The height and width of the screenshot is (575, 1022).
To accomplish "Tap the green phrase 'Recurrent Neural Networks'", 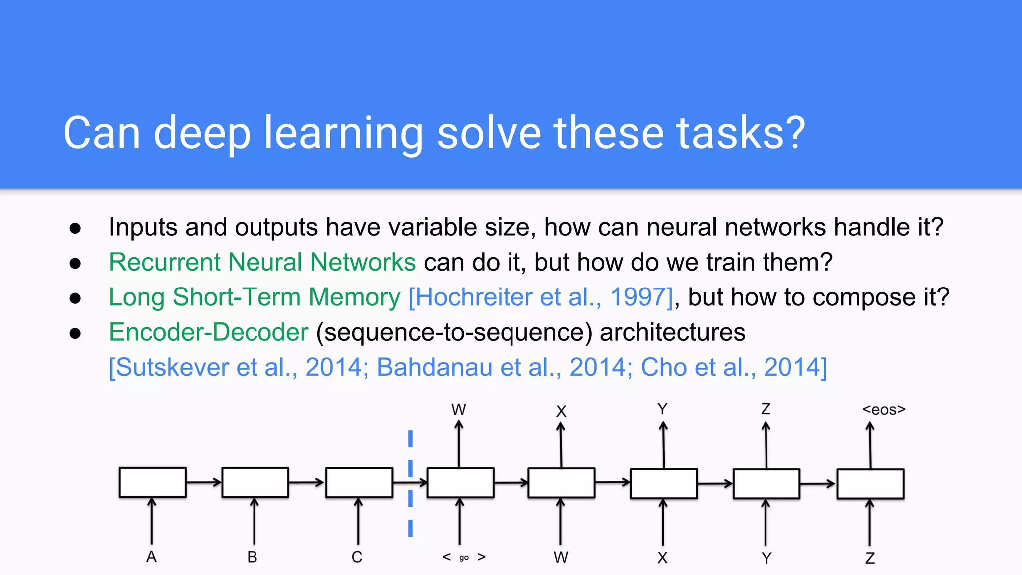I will [x=262, y=262].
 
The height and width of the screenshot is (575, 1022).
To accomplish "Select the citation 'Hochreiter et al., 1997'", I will [x=540, y=297].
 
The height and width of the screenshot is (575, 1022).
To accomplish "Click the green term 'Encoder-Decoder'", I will [x=209, y=332].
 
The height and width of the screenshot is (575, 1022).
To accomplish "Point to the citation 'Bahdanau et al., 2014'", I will [x=505, y=368].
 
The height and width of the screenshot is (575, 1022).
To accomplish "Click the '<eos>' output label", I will [x=883, y=410].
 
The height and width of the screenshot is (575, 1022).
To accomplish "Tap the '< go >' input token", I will [x=464, y=557].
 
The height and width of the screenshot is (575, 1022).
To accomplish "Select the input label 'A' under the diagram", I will [x=151, y=557].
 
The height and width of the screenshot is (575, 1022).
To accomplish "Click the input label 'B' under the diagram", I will [x=253, y=557].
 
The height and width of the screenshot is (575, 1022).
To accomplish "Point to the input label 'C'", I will [x=357, y=557].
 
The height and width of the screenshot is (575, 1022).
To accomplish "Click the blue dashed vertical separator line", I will [x=410, y=483].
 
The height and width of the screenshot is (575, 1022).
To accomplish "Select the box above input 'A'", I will [x=153, y=482].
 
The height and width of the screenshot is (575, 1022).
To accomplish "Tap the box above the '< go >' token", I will [x=460, y=483].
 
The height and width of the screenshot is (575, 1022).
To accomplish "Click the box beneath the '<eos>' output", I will [x=870, y=484].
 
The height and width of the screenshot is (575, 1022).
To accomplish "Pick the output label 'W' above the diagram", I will [x=458, y=410].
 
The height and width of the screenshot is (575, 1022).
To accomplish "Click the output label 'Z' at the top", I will [x=766, y=409].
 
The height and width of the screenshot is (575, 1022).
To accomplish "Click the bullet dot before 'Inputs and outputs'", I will [x=75, y=228].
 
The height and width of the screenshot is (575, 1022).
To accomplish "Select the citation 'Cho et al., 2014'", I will [x=734, y=368].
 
